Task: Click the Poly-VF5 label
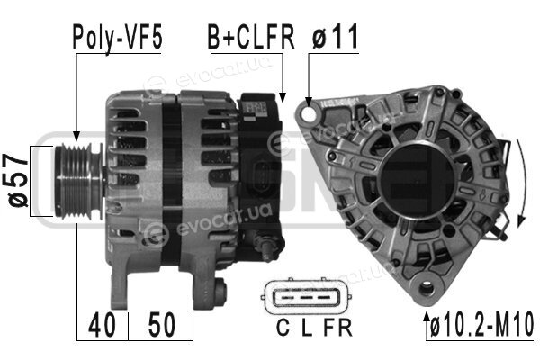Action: [x=117, y=38]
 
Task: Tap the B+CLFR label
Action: [x=251, y=37]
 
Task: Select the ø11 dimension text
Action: [x=336, y=37]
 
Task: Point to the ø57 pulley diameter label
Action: [x=17, y=181]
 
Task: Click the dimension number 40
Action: [x=102, y=325]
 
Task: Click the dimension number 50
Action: [x=161, y=325]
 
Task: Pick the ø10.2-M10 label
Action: [x=482, y=325]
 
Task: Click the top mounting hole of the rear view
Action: [x=309, y=113]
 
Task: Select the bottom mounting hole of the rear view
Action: [x=427, y=287]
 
